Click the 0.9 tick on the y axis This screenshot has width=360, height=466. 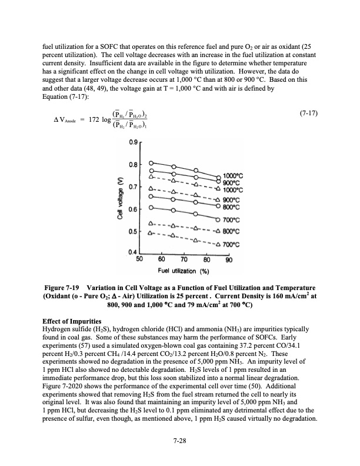click(x=135, y=141)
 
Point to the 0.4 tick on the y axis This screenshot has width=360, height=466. click(x=135, y=252)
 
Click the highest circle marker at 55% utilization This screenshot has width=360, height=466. click(x=151, y=163)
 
